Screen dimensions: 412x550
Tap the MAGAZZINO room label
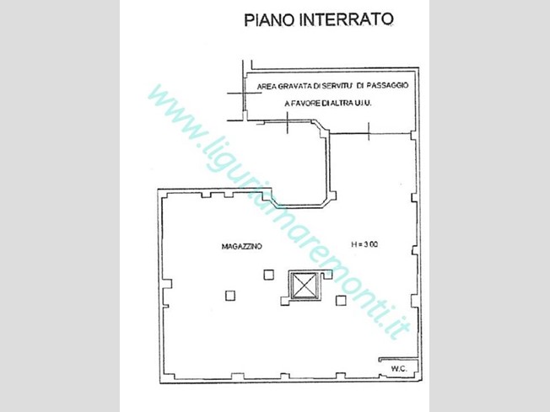[x=241, y=246]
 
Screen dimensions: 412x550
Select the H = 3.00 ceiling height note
[x=364, y=245]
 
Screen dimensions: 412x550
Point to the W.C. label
[x=399, y=368]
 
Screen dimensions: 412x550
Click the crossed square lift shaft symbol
[x=301, y=285]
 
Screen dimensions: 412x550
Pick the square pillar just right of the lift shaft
[x=341, y=300]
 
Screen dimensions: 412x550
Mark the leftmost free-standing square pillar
[x=229, y=295]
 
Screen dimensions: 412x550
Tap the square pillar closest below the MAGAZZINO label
[x=268, y=274]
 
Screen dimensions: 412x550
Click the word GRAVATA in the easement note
[x=298, y=86]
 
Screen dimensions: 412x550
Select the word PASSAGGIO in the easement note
[x=388, y=86]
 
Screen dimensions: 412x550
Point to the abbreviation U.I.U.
[x=363, y=103]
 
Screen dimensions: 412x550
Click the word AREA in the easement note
[x=267, y=86]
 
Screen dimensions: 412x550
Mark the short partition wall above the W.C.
[x=396, y=358]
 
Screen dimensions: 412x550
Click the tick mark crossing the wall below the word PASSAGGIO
[x=369, y=129]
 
